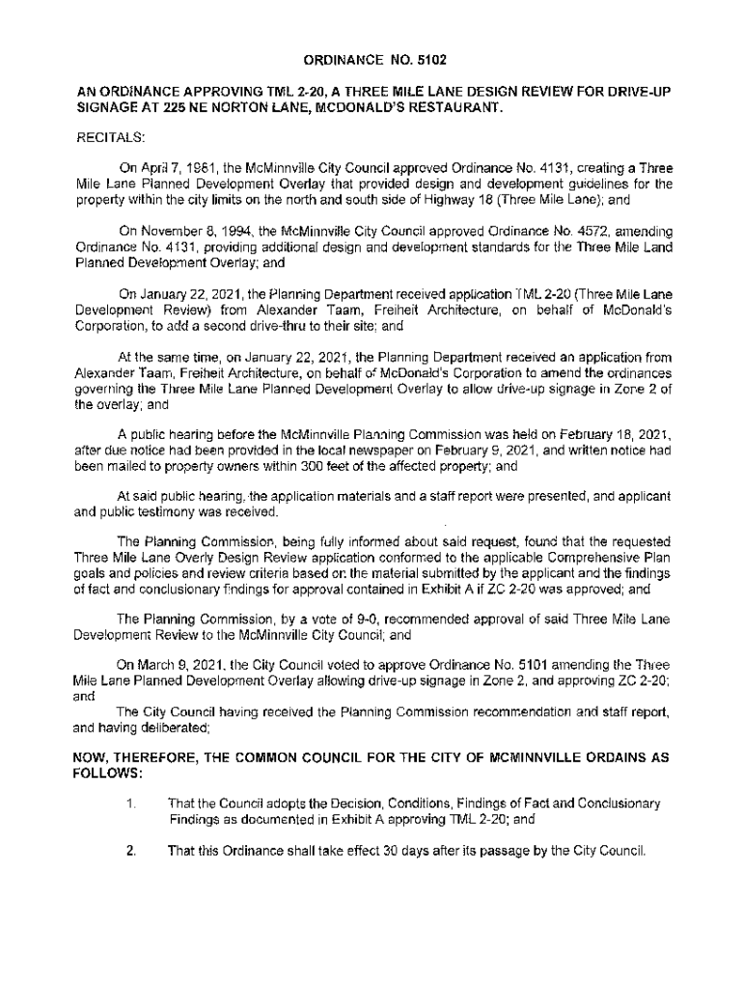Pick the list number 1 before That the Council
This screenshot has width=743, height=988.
point(130,804)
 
